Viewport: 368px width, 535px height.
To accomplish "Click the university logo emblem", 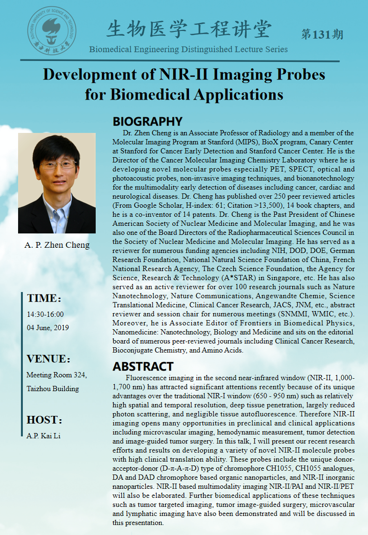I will pos(51,28).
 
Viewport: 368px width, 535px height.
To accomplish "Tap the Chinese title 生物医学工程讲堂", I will pos(189,30).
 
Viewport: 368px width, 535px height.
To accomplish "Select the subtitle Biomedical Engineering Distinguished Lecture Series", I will pos(189,49).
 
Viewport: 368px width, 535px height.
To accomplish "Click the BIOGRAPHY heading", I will pos(147,121).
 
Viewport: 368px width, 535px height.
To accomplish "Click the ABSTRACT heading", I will pos(143,366).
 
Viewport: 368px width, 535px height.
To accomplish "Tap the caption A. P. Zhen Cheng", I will pos(57,245).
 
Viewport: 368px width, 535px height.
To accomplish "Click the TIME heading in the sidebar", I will pos(44,299).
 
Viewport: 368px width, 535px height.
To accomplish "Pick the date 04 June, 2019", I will pos(48,327).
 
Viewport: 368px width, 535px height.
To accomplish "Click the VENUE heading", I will pos(48,359).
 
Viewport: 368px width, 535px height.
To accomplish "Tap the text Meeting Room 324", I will pos(57,375).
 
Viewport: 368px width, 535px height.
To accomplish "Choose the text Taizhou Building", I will pos(52,388).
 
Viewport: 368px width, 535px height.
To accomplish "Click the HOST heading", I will pos(44,420).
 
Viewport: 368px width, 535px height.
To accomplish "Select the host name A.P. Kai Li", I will pos(43,435).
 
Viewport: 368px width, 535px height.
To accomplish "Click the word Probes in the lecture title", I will pos(296,75).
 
